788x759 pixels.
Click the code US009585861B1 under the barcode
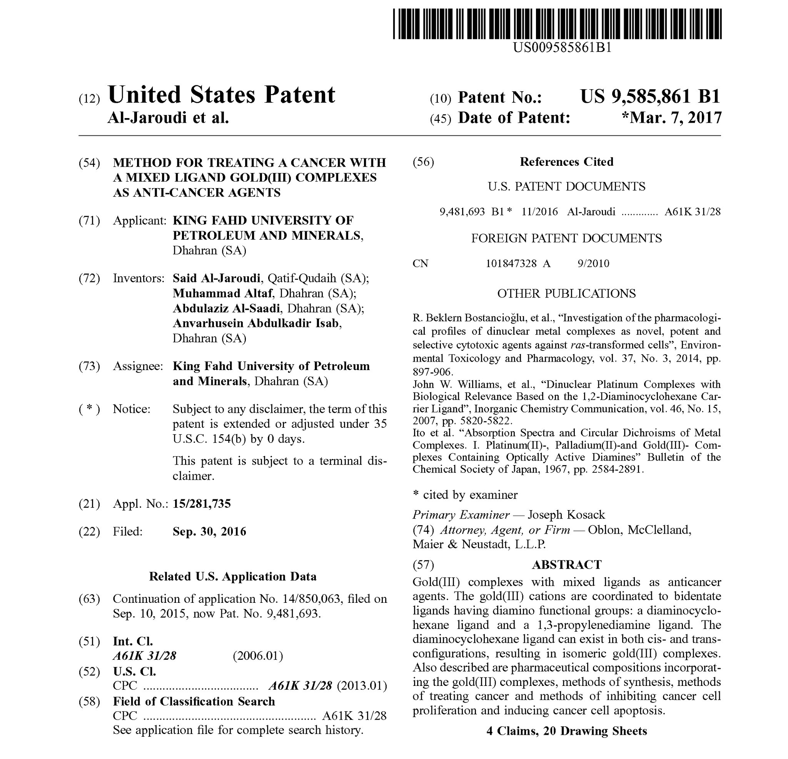(562, 48)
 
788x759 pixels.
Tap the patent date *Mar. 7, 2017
(671, 118)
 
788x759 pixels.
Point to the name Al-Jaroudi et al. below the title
(168, 117)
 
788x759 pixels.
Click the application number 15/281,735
(202, 504)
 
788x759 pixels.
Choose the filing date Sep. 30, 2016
(209, 532)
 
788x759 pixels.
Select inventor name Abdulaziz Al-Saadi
(226, 309)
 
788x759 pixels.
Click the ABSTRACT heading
(566, 564)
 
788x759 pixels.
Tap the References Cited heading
(566, 162)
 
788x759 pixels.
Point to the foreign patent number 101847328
(511, 264)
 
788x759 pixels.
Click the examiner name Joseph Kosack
(566, 515)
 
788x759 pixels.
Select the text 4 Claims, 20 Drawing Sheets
(566, 731)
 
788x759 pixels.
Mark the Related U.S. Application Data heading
(233, 577)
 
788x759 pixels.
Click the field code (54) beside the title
(89, 163)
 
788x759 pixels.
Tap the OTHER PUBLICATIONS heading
(566, 294)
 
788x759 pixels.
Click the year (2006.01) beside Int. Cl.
(258, 656)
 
